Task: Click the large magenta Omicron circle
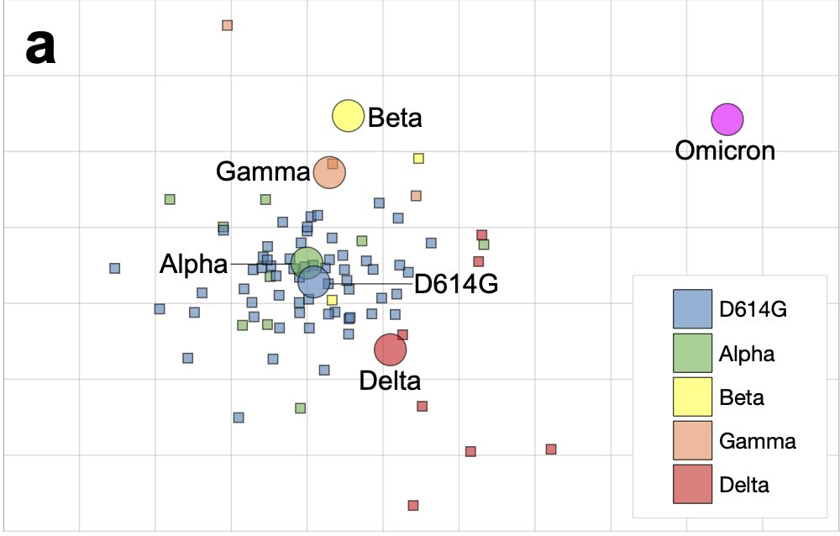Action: click(x=727, y=119)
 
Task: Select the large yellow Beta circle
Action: click(x=348, y=116)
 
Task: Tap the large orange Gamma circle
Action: click(x=329, y=173)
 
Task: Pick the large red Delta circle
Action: click(x=390, y=349)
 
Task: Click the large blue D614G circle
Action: click(x=313, y=281)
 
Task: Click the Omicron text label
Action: click(x=725, y=151)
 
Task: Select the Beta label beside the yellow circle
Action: click(x=395, y=118)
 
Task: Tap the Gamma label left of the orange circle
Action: click(x=263, y=172)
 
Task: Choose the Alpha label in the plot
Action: click(x=193, y=265)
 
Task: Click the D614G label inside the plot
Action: click(x=456, y=285)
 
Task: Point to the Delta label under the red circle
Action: click(x=390, y=381)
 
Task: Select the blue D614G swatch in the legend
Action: click(x=692, y=309)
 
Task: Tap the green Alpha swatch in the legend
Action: click(x=692, y=353)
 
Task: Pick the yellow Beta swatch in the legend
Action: click(x=692, y=397)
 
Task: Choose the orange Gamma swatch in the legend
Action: click(x=692, y=440)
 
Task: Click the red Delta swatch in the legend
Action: click(x=692, y=484)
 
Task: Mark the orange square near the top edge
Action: click(x=227, y=25)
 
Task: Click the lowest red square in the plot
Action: click(x=413, y=506)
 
